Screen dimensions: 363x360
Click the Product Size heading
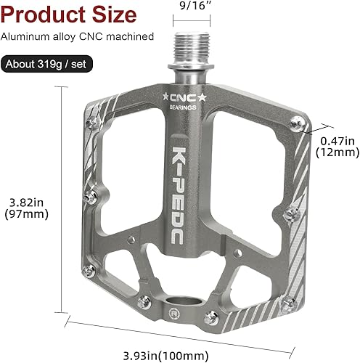68,14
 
